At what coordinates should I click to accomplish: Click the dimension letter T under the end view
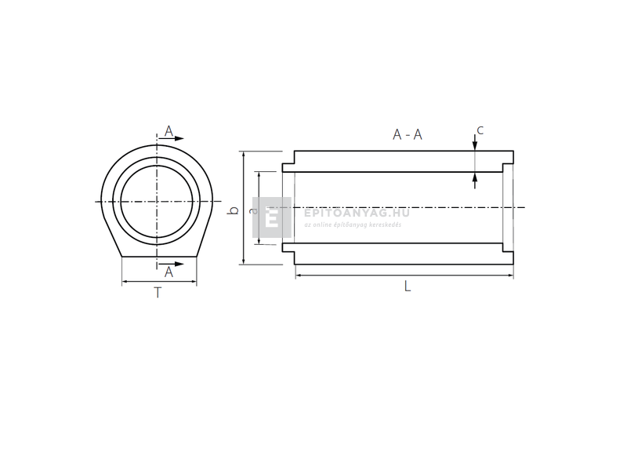[x=158, y=294]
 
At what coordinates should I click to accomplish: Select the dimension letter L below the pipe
[x=407, y=287]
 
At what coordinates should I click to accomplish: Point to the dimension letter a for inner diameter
[x=252, y=210]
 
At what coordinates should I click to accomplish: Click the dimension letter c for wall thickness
[x=480, y=130]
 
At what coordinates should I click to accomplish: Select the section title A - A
[x=408, y=134]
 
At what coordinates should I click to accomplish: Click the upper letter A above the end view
[x=169, y=130]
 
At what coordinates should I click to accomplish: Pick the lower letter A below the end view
[x=169, y=272]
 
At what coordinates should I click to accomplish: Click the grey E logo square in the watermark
[x=271, y=217]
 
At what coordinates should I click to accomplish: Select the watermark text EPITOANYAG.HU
[x=356, y=212]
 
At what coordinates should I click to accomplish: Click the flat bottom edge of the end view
[x=159, y=256]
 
